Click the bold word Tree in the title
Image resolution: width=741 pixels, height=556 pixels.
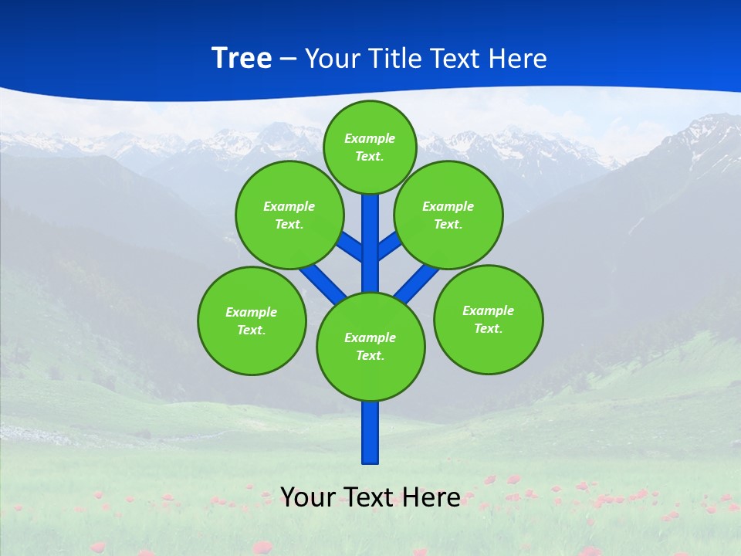click(242, 58)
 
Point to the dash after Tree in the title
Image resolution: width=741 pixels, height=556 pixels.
click(288, 59)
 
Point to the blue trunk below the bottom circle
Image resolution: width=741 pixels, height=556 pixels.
click(370, 432)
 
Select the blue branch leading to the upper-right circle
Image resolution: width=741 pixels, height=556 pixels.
click(390, 246)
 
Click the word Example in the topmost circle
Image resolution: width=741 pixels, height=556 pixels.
click(370, 138)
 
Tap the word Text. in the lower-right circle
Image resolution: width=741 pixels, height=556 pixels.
click(488, 328)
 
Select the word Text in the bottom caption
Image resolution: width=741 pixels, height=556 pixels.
click(370, 497)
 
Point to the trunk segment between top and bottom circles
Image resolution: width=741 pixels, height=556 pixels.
click(370, 255)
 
